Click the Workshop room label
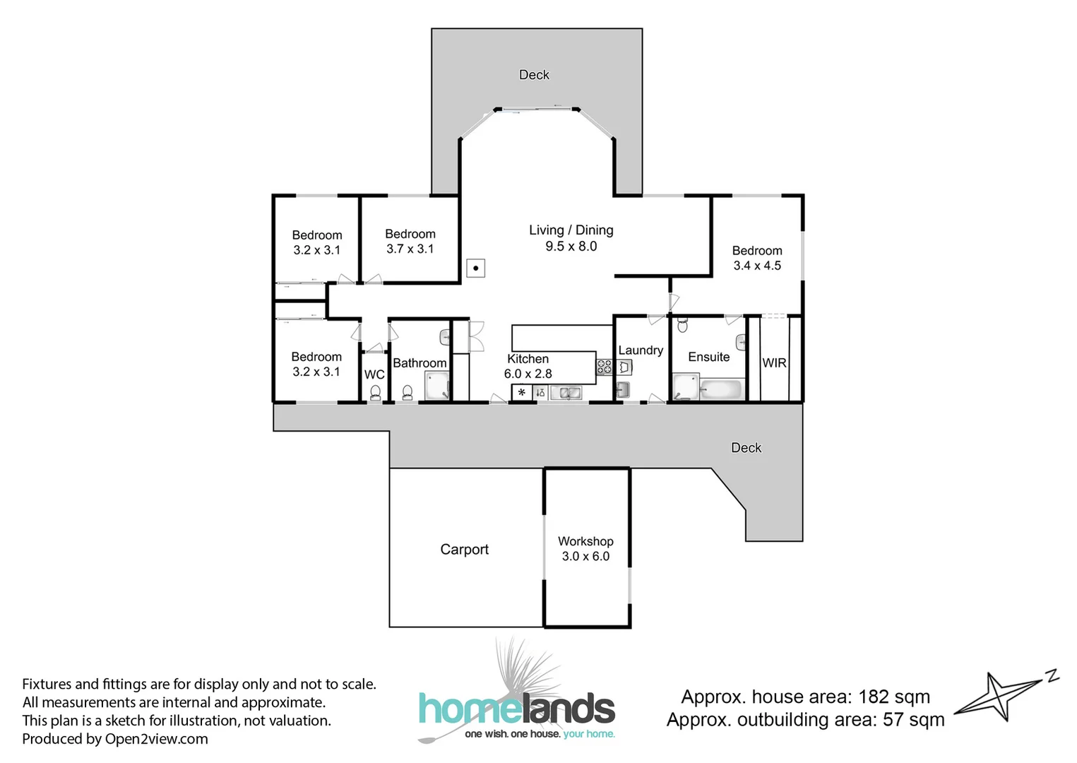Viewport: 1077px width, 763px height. click(585, 541)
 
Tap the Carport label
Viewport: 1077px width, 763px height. click(464, 550)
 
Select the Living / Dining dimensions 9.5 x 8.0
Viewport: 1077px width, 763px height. click(571, 247)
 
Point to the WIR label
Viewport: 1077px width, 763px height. click(774, 363)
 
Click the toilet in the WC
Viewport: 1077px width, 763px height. click(375, 393)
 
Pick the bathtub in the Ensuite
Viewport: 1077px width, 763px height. click(720, 389)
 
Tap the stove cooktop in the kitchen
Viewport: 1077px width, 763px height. click(605, 367)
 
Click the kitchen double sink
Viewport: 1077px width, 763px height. click(566, 393)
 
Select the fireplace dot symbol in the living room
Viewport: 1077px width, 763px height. click(476, 268)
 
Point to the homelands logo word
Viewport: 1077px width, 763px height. click(517, 709)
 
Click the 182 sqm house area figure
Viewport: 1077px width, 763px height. click(893, 697)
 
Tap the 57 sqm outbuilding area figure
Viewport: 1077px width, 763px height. click(913, 720)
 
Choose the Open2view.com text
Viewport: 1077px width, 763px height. click(156, 739)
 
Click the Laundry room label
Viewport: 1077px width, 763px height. click(641, 350)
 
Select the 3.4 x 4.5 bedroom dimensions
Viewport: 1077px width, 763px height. click(757, 266)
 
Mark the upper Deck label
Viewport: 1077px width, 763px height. click(534, 75)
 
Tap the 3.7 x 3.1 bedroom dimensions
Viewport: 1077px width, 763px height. click(410, 249)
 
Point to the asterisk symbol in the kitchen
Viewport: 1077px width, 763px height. click(522, 393)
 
